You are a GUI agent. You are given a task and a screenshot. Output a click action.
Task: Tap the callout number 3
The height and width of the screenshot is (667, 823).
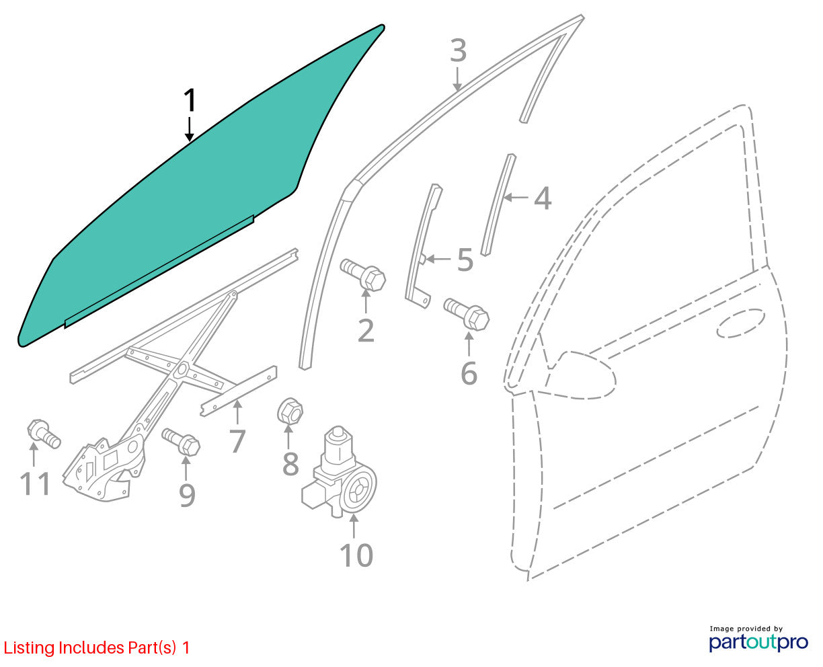[459, 50]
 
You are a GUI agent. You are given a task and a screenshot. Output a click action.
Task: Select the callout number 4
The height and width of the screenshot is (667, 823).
[543, 198]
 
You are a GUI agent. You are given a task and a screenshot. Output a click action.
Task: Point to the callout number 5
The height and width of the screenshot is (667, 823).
[465, 260]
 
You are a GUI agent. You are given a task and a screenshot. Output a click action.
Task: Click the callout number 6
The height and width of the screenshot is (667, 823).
[469, 373]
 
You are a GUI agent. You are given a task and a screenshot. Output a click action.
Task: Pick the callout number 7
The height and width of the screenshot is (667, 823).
[237, 440]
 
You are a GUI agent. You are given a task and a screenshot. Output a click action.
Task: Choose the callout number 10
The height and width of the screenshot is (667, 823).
[356, 555]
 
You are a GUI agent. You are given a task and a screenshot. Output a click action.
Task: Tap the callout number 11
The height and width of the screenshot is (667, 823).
[36, 483]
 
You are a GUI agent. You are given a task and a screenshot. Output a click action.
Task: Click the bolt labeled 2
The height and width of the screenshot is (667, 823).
[363, 275]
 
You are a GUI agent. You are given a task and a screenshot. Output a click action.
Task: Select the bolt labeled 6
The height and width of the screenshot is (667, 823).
[467, 314]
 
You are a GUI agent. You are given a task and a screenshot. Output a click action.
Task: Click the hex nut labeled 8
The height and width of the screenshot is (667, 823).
[290, 411]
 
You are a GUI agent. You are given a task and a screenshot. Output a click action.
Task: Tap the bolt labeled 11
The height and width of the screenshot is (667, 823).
[44, 434]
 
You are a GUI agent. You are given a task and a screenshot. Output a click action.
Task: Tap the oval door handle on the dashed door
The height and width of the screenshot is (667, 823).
[741, 323]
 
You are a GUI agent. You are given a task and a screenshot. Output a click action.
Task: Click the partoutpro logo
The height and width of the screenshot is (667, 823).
[758, 642]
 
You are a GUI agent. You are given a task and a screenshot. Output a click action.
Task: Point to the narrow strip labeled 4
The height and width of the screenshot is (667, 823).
[498, 205]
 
